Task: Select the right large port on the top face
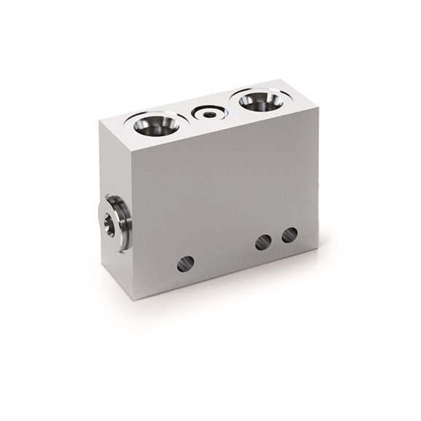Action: pos(258,101)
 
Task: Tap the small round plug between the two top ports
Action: pos(209,114)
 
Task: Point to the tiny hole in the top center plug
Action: pos(210,114)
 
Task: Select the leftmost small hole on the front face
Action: pos(186,264)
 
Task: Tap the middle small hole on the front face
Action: pos(263,242)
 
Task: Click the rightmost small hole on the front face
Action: pos(289,235)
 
